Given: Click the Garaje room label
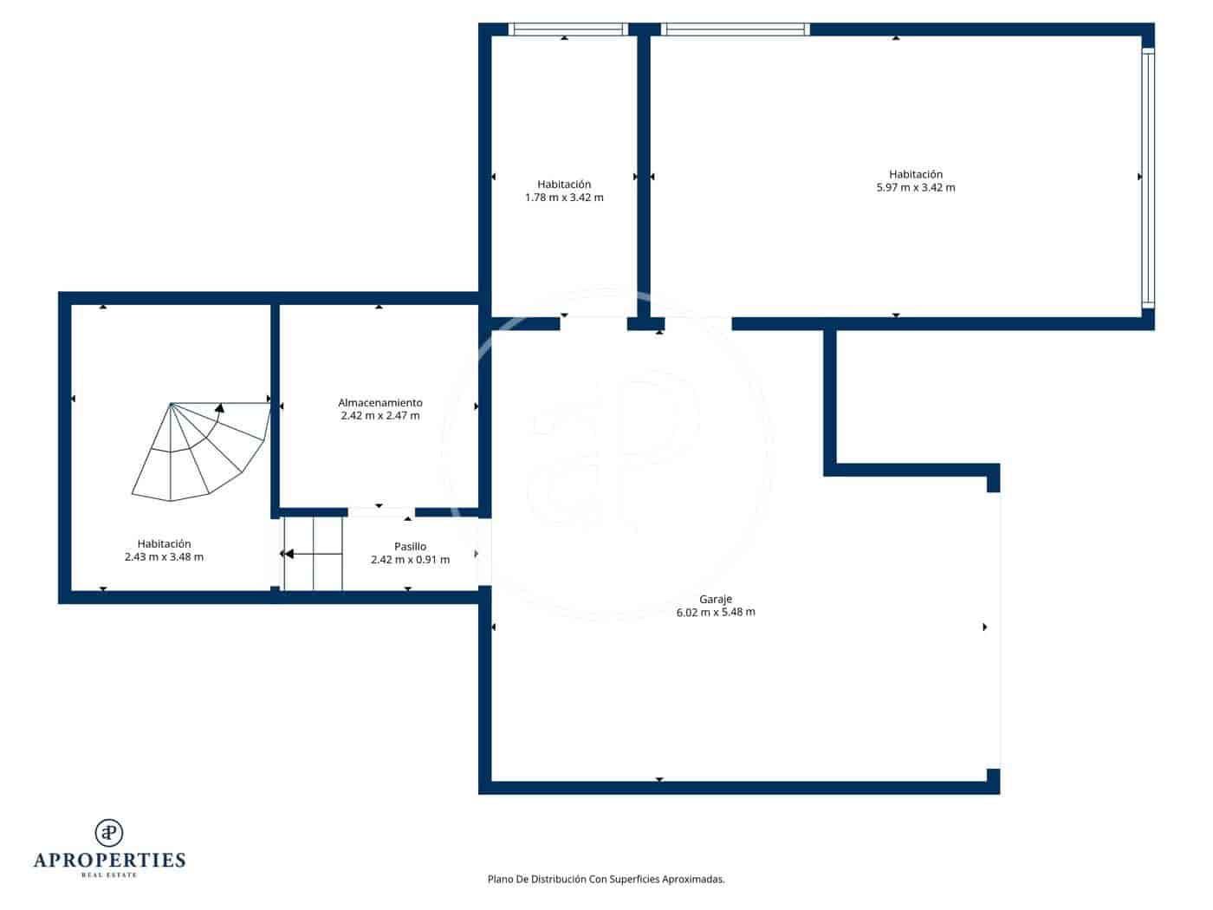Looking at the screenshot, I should pos(716,599).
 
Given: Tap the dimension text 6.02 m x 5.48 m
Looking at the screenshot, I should pos(716,612).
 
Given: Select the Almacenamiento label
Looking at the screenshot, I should pos(380,403).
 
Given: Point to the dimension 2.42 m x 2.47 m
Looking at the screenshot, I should pos(380,416).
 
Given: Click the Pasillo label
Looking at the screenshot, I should pos(410,547).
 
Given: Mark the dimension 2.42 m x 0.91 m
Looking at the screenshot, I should pos(410,560).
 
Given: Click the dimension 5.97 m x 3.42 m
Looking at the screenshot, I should pos(916,187).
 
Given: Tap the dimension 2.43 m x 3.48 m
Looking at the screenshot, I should pos(164,557).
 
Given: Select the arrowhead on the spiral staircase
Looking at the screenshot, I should pos(220,406).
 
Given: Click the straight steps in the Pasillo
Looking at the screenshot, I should pos(313,554).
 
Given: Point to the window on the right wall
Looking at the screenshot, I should pos(1148,178).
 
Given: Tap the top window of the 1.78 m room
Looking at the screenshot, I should pos(568,29).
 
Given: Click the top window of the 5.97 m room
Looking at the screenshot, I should pos(736,29).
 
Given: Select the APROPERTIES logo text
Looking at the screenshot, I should pos(109,861).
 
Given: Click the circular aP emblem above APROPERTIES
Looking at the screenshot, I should pos(109,832).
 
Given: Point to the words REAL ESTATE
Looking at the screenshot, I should pos(109,875).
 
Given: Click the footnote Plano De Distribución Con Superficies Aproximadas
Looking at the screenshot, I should pos(606,879).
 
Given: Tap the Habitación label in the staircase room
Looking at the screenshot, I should pos(164,544).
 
